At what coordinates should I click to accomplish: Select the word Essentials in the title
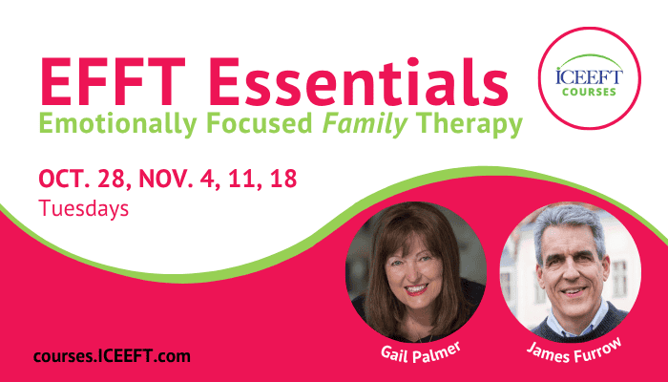point(358,81)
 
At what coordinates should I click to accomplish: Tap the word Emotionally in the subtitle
point(118,124)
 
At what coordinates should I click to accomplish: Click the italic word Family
point(365,124)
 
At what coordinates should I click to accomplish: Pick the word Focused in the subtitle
point(260,123)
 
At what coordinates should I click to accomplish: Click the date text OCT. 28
point(85,179)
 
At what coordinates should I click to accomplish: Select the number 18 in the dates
point(283,179)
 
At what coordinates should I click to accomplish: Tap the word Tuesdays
point(84,209)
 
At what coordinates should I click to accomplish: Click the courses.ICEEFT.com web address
point(112,356)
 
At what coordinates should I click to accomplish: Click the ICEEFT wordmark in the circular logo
point(589,77)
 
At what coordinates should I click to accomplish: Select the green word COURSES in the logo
point(589,92)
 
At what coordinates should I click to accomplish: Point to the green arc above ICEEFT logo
point(590,58)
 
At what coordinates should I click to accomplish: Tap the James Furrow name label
point(574,351)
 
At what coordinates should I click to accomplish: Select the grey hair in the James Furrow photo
point(569,227)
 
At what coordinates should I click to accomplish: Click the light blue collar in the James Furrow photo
point(575,322)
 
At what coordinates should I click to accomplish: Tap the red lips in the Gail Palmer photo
point(416,290)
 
